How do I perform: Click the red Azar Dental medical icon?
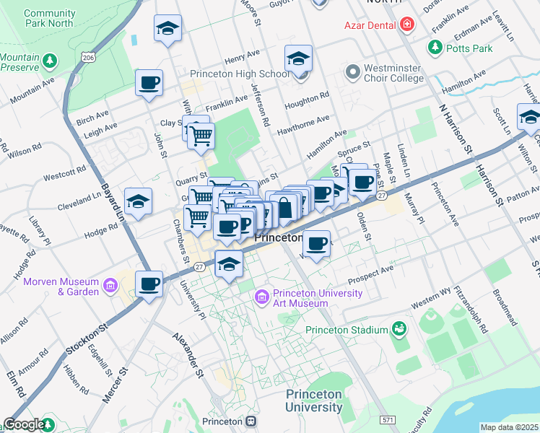(407, 25)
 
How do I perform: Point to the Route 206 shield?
(88, 57)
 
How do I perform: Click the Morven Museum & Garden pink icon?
(110, 287)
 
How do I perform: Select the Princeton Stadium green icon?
(399, 330)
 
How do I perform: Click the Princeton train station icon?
(251, 421)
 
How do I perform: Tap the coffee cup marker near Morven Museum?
(149, 284)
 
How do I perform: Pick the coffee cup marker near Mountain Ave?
(149, 82)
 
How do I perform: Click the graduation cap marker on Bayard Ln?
(138, 200)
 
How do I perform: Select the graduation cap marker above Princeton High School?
(298, 58)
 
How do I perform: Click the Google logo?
(23, 424)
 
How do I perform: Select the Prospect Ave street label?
(371, 274)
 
